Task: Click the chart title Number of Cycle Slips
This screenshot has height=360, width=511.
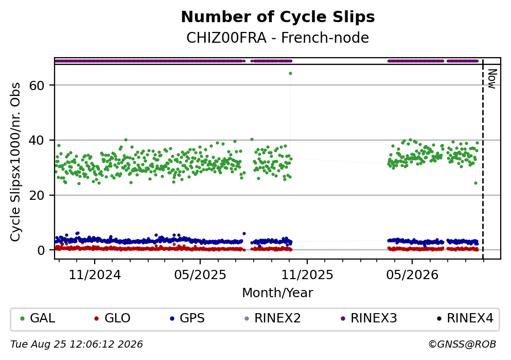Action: pyautogui.click(x=278, y=17)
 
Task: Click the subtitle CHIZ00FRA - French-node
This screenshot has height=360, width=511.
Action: pyautogui.click(x=278, y=38)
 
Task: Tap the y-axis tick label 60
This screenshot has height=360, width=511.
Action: pyautogui.click(x=37, y=85)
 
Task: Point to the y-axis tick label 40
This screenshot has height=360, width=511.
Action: pyautogui.click(x=37, y=141)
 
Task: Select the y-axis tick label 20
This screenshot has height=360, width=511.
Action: pyautogui.click(x=37, y=195)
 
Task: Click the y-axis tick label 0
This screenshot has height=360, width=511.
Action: pyautogui.click(x=41, y=250)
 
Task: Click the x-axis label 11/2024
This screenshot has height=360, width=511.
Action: pyautogui.click(x=95, y=275)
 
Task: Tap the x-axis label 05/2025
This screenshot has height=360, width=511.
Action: pyautogui.click(x=200, y=275)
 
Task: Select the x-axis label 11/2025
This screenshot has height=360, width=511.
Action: pyautogui.click(x=307, y=275)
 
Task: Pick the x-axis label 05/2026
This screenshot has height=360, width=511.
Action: pyautogui.click(x=412, y=275)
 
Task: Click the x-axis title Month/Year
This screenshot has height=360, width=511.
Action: pyautogui.click(x=278, y=293)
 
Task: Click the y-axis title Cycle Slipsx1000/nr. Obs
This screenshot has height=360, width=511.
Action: pyautogui.click(x=15, y=162)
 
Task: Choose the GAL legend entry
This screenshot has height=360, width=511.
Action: pyautogui.click(x=38, y=318)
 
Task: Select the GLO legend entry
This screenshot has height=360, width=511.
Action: pyautogui.click(x=112, y=318)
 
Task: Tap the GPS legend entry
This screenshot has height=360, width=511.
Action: pyautogui.click(x=187, y=318)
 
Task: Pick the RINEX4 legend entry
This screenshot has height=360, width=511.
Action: pyautogui.click(x=465, y=318)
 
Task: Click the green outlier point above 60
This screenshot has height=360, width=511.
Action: pyautogui.click(x=290, y=73)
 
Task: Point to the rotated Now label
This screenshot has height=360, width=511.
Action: pyautogui.click(x=492, y=79)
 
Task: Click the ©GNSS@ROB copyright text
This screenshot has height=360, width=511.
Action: pyautogui.click(x=462, y=345)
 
